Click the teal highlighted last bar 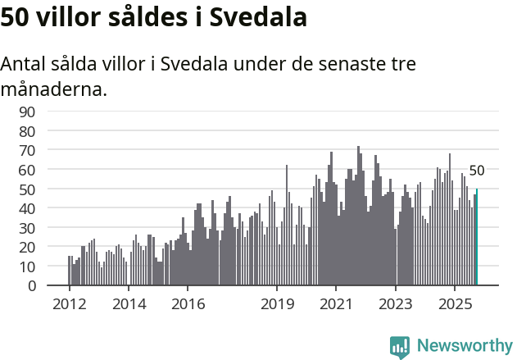[x=477, y=238]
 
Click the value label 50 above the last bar [x=477, y=171]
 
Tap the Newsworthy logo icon [x=400, y=347]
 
